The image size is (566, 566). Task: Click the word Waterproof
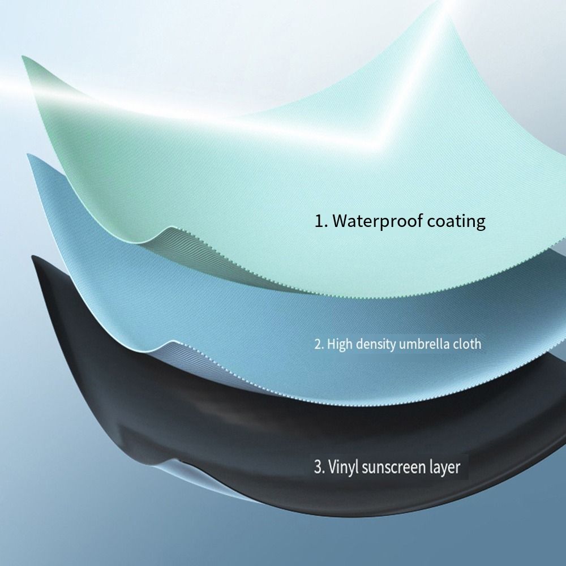(377, 221)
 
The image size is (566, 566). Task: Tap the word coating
(456, 221)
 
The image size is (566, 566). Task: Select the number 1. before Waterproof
(321, 221)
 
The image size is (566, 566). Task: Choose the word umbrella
(424, 344)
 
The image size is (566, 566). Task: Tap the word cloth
(467, 344)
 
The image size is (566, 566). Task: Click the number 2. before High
(319, 344)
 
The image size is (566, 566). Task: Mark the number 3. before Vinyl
(319, 467)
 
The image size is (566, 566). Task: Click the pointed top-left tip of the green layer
(23, 57)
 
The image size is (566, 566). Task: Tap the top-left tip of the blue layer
(28, 155)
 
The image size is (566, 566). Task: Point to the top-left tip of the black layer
(33, 256)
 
